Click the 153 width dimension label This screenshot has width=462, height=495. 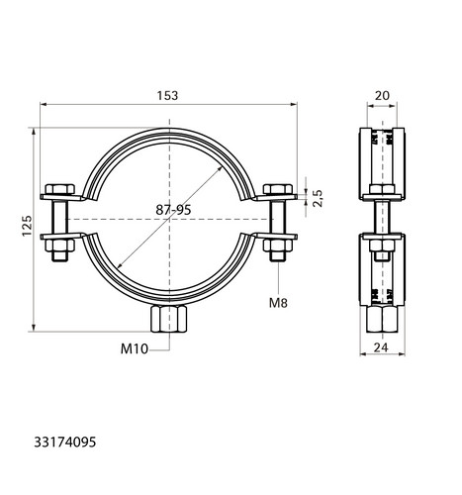(x=167, y=96)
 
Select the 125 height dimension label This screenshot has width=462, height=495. (x=27, y=226)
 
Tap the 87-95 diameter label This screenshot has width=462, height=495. (x=173, y=210)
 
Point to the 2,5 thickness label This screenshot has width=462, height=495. (x=318, y=198)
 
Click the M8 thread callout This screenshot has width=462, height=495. (x=278, y=303)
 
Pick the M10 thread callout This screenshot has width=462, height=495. (x=135, y=348)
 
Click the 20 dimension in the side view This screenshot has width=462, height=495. (x=382, y=96)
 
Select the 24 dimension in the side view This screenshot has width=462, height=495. (x=381, y=347)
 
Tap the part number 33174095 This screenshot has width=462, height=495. (x=65, y=442)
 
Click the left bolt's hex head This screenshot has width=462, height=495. (x=60, y=189)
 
